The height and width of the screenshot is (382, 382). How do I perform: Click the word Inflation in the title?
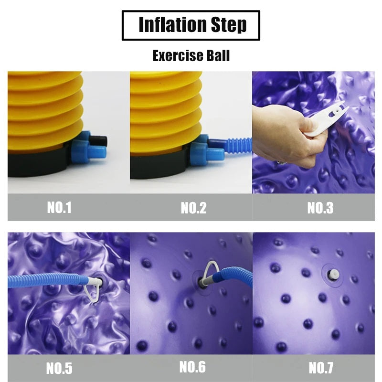pyautogui.click(x=171, y=25)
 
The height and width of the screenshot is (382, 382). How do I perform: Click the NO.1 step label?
pyautogui.click(x=59, y=208)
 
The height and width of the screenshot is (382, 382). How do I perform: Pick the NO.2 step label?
pyautogui.click(x=193, y=208)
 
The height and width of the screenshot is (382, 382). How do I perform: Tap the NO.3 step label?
pyautogui.click(x=320, y=208)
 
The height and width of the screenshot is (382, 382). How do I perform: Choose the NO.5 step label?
pyautogui.click(x=59, y=368)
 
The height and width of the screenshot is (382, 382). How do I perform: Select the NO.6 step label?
pyautogui.click(x=192, y=367)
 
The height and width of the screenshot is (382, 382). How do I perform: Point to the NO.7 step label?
pyautogui.click(x=321, y=368)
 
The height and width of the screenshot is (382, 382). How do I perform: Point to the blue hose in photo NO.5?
pyautogui.click(x=43, y=279)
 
